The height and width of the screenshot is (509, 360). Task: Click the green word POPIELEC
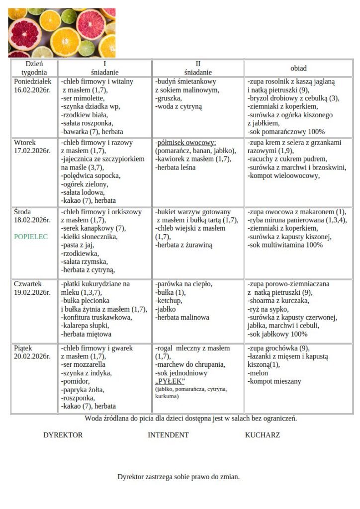click(31, 237)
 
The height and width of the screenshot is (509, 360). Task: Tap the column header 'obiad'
click(298, 68)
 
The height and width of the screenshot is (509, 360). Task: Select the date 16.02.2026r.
click(32, 89)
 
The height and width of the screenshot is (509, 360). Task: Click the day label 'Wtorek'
click(25, 143)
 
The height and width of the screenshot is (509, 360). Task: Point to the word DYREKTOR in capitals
click(63, 435)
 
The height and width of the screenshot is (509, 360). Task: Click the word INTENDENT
click(168, 435)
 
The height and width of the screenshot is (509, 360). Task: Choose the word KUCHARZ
click(262, 435)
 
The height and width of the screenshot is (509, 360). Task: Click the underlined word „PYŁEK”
click(170, 381)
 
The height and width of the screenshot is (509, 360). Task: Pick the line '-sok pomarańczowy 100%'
click(286, 132)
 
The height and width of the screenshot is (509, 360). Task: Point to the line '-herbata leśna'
click(176, 168)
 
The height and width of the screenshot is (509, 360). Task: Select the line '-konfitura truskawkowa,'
click(96, 318)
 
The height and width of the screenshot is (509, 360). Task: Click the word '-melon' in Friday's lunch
click(258, 373)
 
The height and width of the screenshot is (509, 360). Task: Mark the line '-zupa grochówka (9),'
click(280, 348)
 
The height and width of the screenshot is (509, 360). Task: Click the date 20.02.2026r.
click(32, 356)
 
